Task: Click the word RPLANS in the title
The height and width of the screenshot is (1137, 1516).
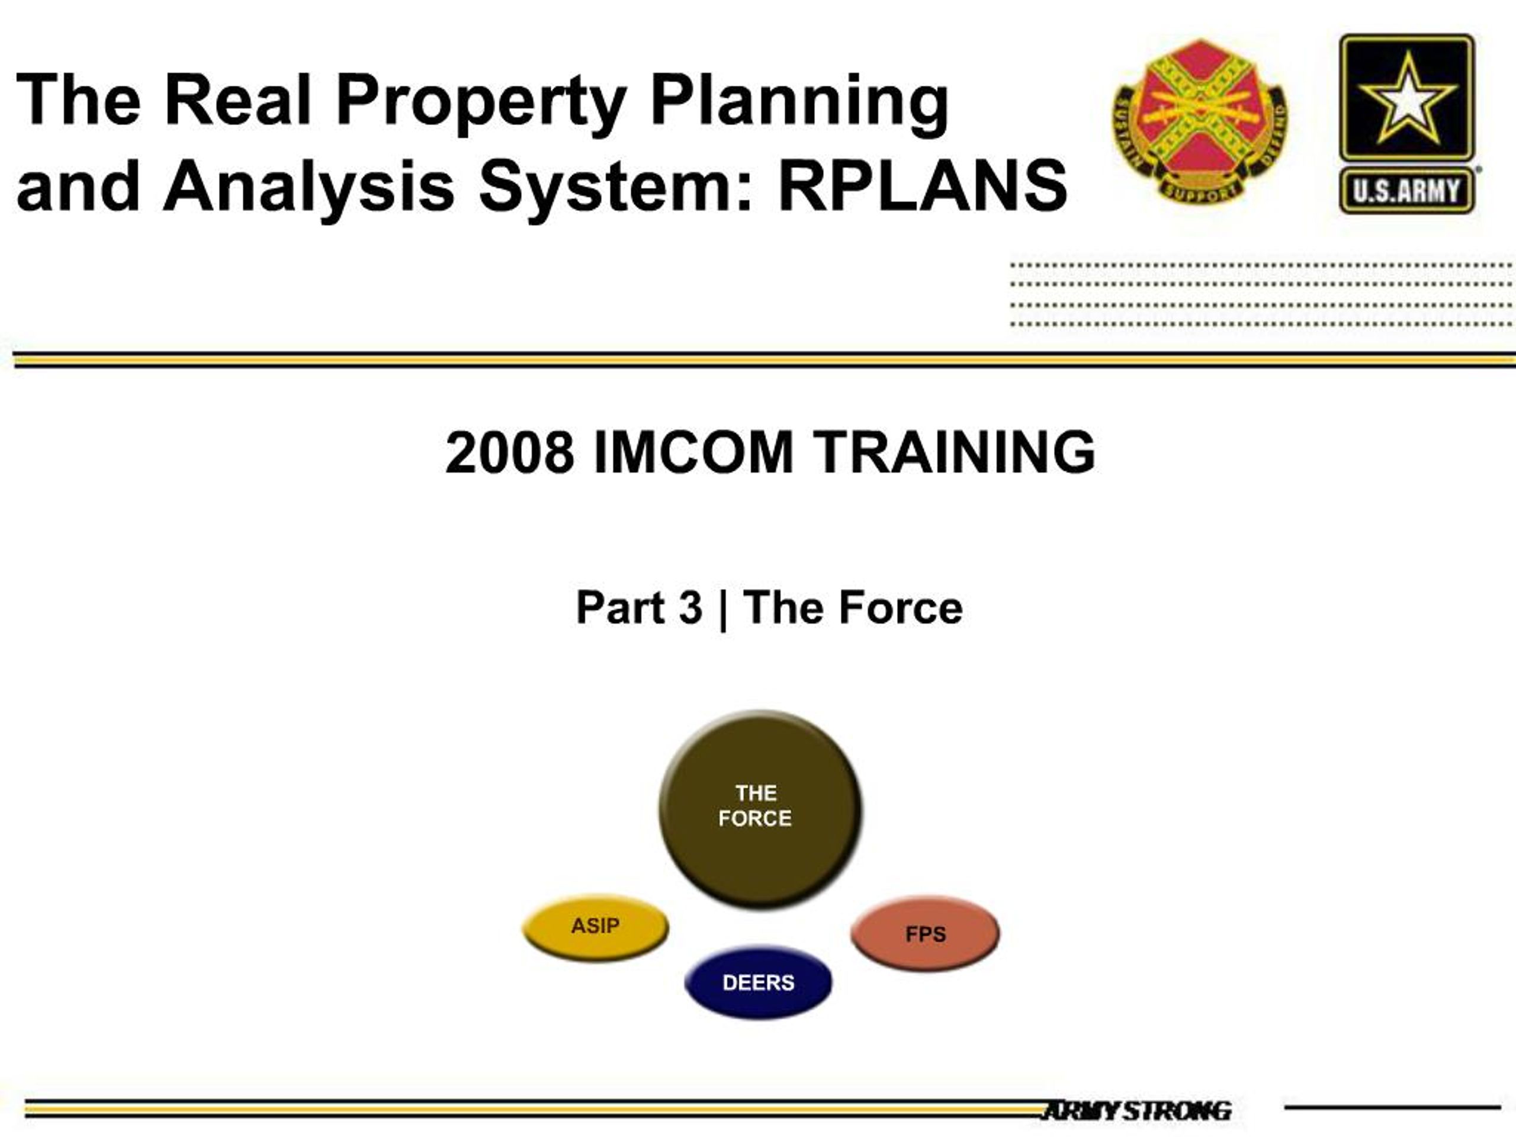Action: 923,184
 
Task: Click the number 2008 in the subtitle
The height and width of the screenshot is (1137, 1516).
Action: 509,452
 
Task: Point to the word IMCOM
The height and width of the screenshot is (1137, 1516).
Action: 693,452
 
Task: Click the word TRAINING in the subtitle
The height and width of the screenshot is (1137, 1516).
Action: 954,452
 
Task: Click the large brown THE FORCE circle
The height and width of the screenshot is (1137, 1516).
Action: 760,810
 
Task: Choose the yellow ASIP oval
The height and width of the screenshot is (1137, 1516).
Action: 595,928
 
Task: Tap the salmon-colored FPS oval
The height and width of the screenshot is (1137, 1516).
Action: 925,933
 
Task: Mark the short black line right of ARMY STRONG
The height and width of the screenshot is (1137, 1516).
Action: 1392,1107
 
